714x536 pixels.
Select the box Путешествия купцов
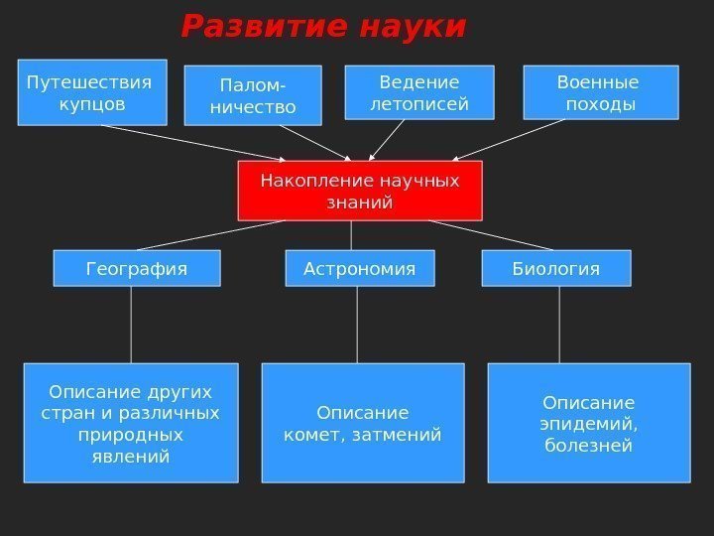pos(92,92)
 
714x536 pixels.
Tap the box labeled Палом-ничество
pos(253,95)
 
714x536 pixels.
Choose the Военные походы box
pos(599,92)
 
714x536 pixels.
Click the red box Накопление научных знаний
pos(360,191)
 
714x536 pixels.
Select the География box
pos(137,268)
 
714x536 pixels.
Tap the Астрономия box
pos(359,268)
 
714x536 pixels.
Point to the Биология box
pos(555,268)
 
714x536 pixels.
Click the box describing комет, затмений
pos(362,423)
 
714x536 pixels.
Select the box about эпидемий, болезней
pos(588,423)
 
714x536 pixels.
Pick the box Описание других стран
pos(130,423)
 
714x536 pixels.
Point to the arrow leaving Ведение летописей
pos(387,140)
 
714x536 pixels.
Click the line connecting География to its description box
pos(131,325)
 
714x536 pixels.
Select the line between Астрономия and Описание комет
pos(356,325)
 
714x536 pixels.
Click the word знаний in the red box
pos(360,202)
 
